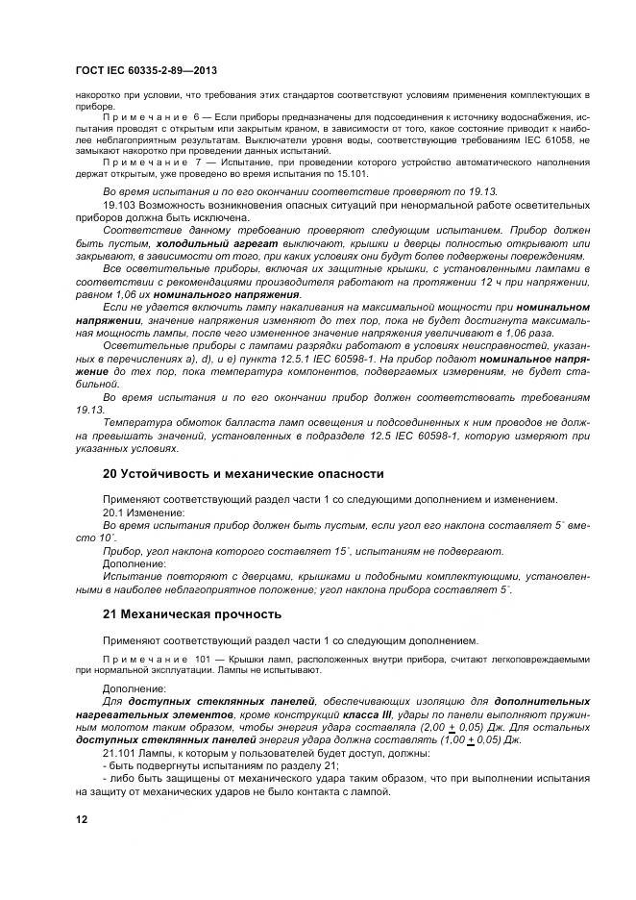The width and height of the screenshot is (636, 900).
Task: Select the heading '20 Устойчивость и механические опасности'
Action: pyautogui.click(x=243, y=474)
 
